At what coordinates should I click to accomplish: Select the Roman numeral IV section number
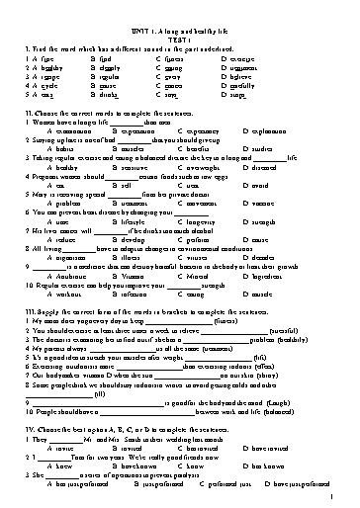pyautogui.click(x=28, y=429)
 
